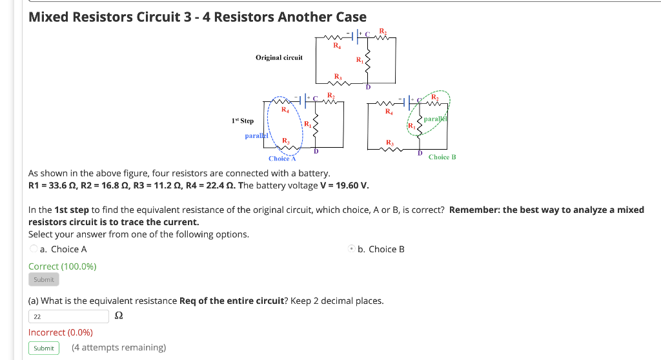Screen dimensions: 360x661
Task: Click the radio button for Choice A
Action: pos(33,249)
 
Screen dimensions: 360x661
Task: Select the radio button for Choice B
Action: pos(351,249)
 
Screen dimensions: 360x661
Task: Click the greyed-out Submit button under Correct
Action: pos(44,279)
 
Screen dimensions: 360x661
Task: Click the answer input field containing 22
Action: pos(68,316)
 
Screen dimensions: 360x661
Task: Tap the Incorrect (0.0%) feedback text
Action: pos(61,332)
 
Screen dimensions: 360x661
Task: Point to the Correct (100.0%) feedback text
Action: pos(63,266)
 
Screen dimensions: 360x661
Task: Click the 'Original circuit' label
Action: pos(279,57)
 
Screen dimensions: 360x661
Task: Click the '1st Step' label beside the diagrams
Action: pos(243,121)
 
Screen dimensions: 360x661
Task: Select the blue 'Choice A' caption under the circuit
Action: pos(281,158)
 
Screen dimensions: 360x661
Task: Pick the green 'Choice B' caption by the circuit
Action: pos(442,157)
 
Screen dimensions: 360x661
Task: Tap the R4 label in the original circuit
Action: pos(337,46)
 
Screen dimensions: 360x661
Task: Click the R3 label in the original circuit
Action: pos(337,77)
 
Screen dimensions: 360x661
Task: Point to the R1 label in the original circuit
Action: pos(360,60)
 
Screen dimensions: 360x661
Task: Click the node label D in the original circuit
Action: pos(368,87)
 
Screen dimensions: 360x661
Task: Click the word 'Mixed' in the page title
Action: pos(48,17)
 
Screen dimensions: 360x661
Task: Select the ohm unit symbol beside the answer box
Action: pos(118,316)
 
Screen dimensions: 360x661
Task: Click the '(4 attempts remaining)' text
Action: pos(119,348)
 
